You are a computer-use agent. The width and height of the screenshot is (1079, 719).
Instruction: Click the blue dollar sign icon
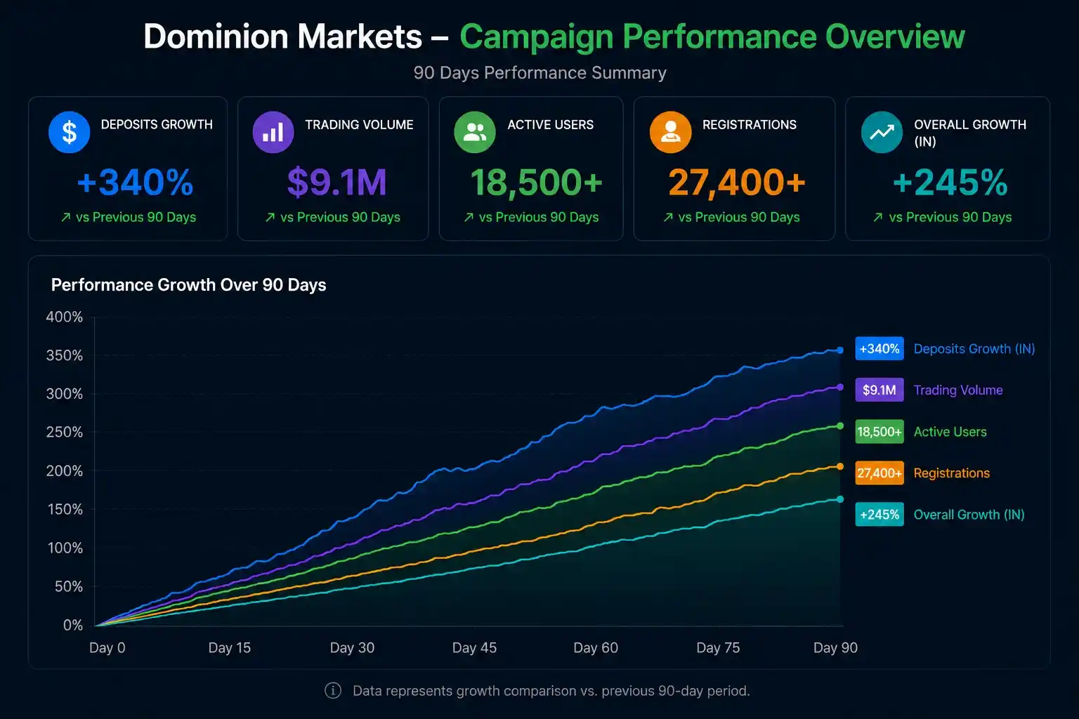coord(70,132)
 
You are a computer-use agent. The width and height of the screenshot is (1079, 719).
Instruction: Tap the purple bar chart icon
coord(273,132)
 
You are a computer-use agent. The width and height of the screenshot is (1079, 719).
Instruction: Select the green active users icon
coord(475,132)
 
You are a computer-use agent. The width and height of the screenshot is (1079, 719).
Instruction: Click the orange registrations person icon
coord(671,132)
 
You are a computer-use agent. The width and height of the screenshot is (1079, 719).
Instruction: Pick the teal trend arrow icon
coord(882,132)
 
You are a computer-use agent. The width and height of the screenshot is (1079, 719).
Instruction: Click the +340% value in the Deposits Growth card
coord(136,182)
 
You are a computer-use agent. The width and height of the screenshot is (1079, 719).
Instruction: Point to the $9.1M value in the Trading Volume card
coord(337,182)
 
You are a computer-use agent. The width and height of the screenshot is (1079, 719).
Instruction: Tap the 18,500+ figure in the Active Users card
coord(536,183)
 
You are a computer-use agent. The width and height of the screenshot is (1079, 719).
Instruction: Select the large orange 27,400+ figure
coord(736,183)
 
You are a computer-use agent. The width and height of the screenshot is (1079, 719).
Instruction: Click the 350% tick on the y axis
coord(65,355)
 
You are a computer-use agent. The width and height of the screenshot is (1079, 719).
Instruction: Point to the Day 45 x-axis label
coord(474,647)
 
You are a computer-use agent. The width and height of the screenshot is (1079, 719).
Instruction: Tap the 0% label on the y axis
coord(73,625)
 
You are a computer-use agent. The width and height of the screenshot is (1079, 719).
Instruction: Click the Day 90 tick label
coord(836,647)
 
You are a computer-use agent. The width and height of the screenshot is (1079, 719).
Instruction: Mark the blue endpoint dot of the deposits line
coord(840,350)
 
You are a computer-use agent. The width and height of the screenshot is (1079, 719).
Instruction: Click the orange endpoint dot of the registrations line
coord(840,466)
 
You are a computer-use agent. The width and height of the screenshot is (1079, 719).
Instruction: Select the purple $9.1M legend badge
coord(879,390)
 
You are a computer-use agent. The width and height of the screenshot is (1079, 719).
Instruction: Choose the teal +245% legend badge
coord(879,515)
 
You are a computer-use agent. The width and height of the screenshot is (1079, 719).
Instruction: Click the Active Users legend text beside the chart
coord(950,432)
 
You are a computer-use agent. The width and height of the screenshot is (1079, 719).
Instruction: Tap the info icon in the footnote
coord(333,691)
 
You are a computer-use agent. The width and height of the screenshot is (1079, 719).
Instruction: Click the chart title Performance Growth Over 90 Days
coord(189,285)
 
